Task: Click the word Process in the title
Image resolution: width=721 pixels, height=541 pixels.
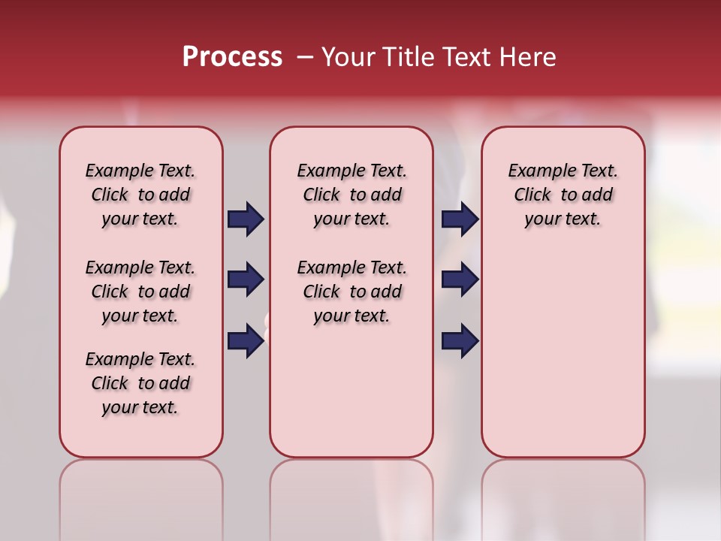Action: pos(232,57)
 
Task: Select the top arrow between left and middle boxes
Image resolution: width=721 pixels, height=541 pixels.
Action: pos(246,219)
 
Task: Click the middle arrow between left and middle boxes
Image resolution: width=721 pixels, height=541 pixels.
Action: pos(246,280)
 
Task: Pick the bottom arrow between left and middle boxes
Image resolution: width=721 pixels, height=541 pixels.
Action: pos(246,341)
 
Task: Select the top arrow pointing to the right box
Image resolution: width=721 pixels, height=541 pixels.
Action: pos(460,219)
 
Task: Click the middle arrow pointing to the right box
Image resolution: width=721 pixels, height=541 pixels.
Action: pos(460,280)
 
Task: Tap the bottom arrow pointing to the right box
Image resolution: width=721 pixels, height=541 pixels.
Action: pos(460,341)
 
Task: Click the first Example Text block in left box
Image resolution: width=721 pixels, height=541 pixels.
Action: pos(140,195)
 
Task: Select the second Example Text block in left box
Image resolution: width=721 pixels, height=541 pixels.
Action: pos(140,292)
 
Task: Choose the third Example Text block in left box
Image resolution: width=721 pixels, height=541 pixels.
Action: pos(140,383)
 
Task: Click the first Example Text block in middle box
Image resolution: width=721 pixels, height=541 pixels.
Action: pos(351,195)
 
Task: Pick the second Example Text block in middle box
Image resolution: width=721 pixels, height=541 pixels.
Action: pos(351,292)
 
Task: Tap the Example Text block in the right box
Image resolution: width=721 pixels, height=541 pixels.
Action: pos(563,195)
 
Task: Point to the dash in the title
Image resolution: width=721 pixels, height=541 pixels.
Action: pos(306,57)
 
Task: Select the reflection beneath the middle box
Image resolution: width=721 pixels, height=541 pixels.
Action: pos(351,496)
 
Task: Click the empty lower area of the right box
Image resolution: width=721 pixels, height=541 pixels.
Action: pos(563,361)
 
